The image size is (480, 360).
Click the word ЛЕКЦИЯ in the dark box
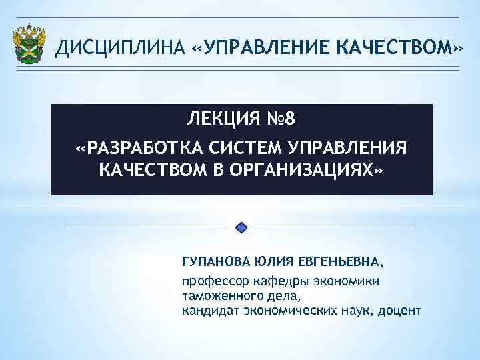[221, 119]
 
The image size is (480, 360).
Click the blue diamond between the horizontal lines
[242, 228]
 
